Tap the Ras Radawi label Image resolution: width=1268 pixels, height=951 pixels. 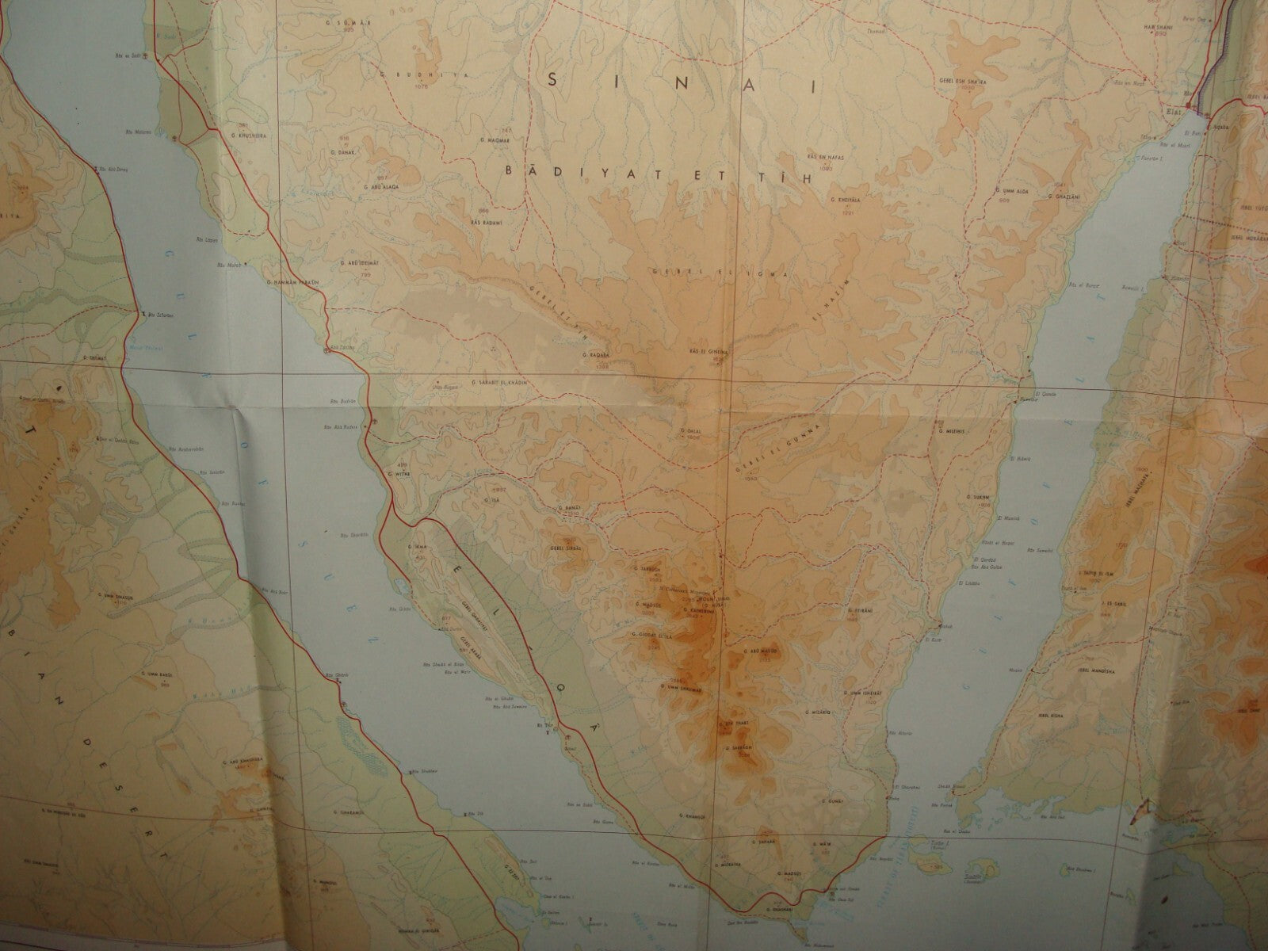pos(486,221)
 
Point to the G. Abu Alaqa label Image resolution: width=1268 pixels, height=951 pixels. pos(384,187)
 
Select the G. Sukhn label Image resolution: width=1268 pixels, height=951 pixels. pos(976,496)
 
